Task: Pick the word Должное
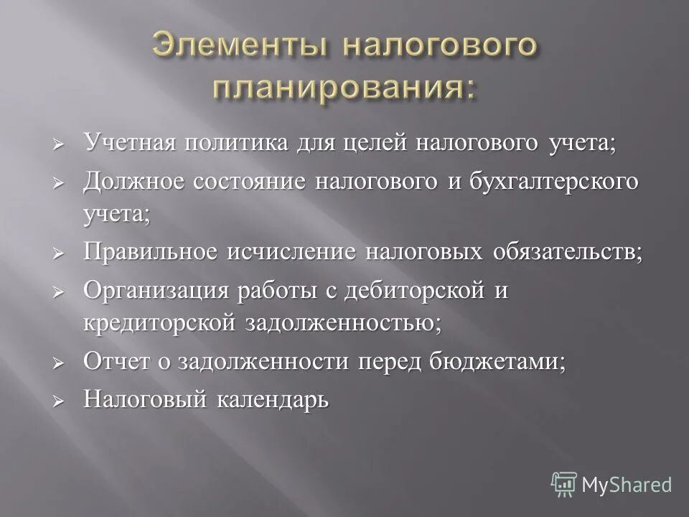pyautogui.click(x=134, y=181)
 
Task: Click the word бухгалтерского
pyautogui.click(x=553, y=181)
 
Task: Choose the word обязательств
pyautogui.click(x=567, y=252)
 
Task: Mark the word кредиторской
pyautogui.click(x=159, y=323)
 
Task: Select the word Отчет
pyautogui.click(x=114, y=360)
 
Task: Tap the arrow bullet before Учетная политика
pyautogui.click(x=60, y=143)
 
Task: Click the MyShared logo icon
pyautogui.click(x=564, y=484)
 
